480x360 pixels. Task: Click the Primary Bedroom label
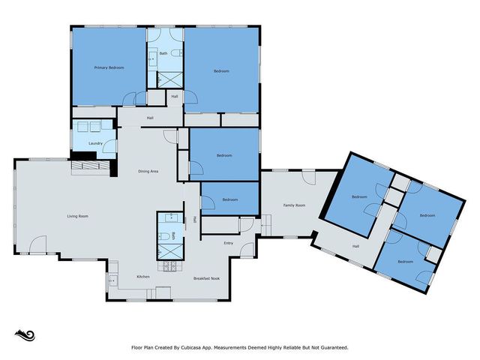[x=109, y=67]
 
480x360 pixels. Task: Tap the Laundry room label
[x=95, y=142]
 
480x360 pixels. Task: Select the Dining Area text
[x=148, y=172]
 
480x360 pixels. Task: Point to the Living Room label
[x=78, y=216]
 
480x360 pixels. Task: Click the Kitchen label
[x=142, y=277]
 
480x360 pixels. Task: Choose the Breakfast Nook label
[x=205, y=277]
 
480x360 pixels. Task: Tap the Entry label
[x=229, y=243]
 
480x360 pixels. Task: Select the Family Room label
[x=294, y=205]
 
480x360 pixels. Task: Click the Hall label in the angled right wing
[x=357, y=246]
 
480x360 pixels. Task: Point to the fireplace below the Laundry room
[x=88, y=164]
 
